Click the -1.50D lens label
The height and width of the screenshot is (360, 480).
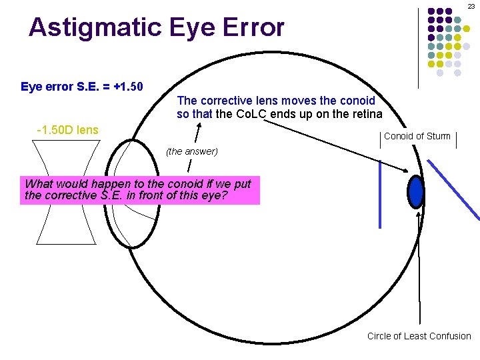click(x=67, y=130)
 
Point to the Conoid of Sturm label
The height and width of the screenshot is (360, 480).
click(x=417, y=137)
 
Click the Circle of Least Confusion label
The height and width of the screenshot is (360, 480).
click(x=419, y=336)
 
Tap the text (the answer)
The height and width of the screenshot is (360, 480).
click(x=192, y=151)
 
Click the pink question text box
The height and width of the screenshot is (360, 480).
click(x=139, y=190)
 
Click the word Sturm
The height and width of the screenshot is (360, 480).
click(x=438, y=137)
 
